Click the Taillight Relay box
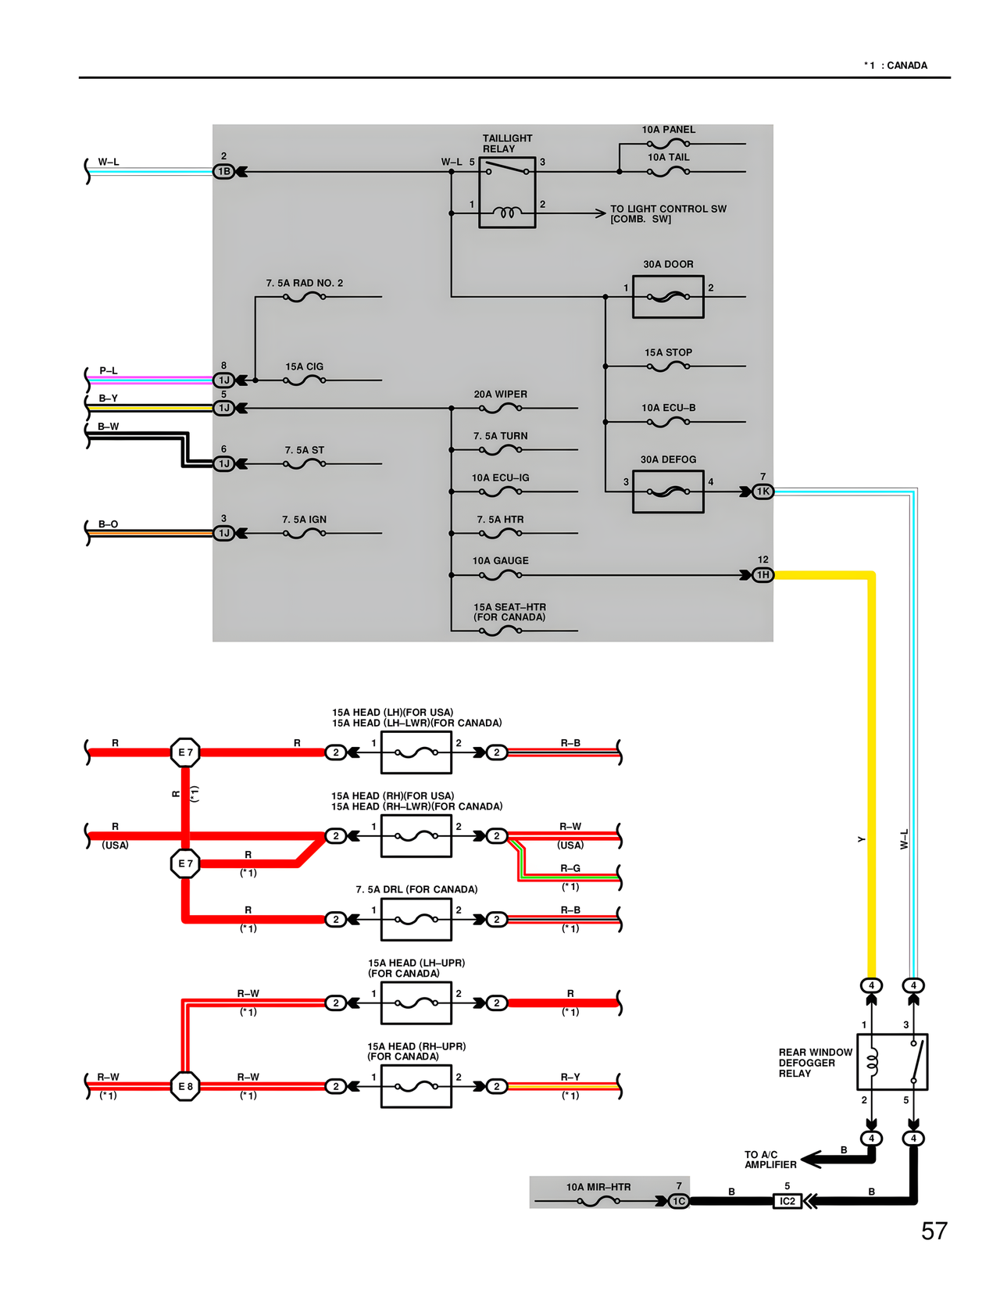click(x=507, y=192)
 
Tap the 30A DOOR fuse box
click(x=668, y=297)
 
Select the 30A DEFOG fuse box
click(x=668, y=492)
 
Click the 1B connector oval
click(x=224, y=172)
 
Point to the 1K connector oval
click(x=762, y=492)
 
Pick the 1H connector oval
click(x=762, y=575)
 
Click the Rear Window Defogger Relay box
click(x=892, y=1062)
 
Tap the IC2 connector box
click(x=787, y=1201)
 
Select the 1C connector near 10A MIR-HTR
click(x=679, y=1201)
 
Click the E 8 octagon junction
click(x=185, y=1086)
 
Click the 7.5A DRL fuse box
click(x=416, y=920)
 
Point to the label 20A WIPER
click(x=500, y=395)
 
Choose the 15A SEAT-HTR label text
click(x=509, y=612)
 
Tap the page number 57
click(x=934, y=1231)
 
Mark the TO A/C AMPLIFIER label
click(x=770, y=1160)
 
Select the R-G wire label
click(x=570, y=868)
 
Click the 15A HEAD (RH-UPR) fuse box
click(x=416, y=1086)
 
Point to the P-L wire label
click(x=108, y=370)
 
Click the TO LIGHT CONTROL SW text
click(x=667, y=213)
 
